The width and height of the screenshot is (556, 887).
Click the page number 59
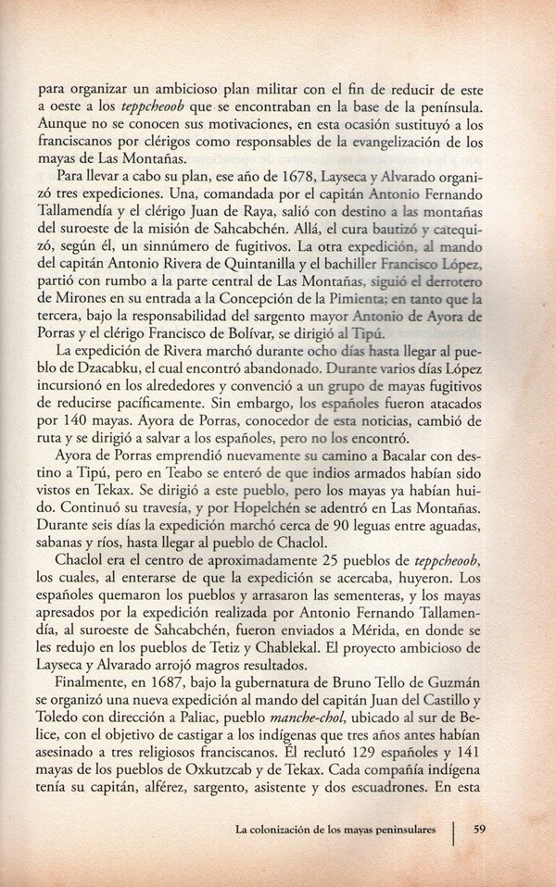[x=481, y=829]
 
